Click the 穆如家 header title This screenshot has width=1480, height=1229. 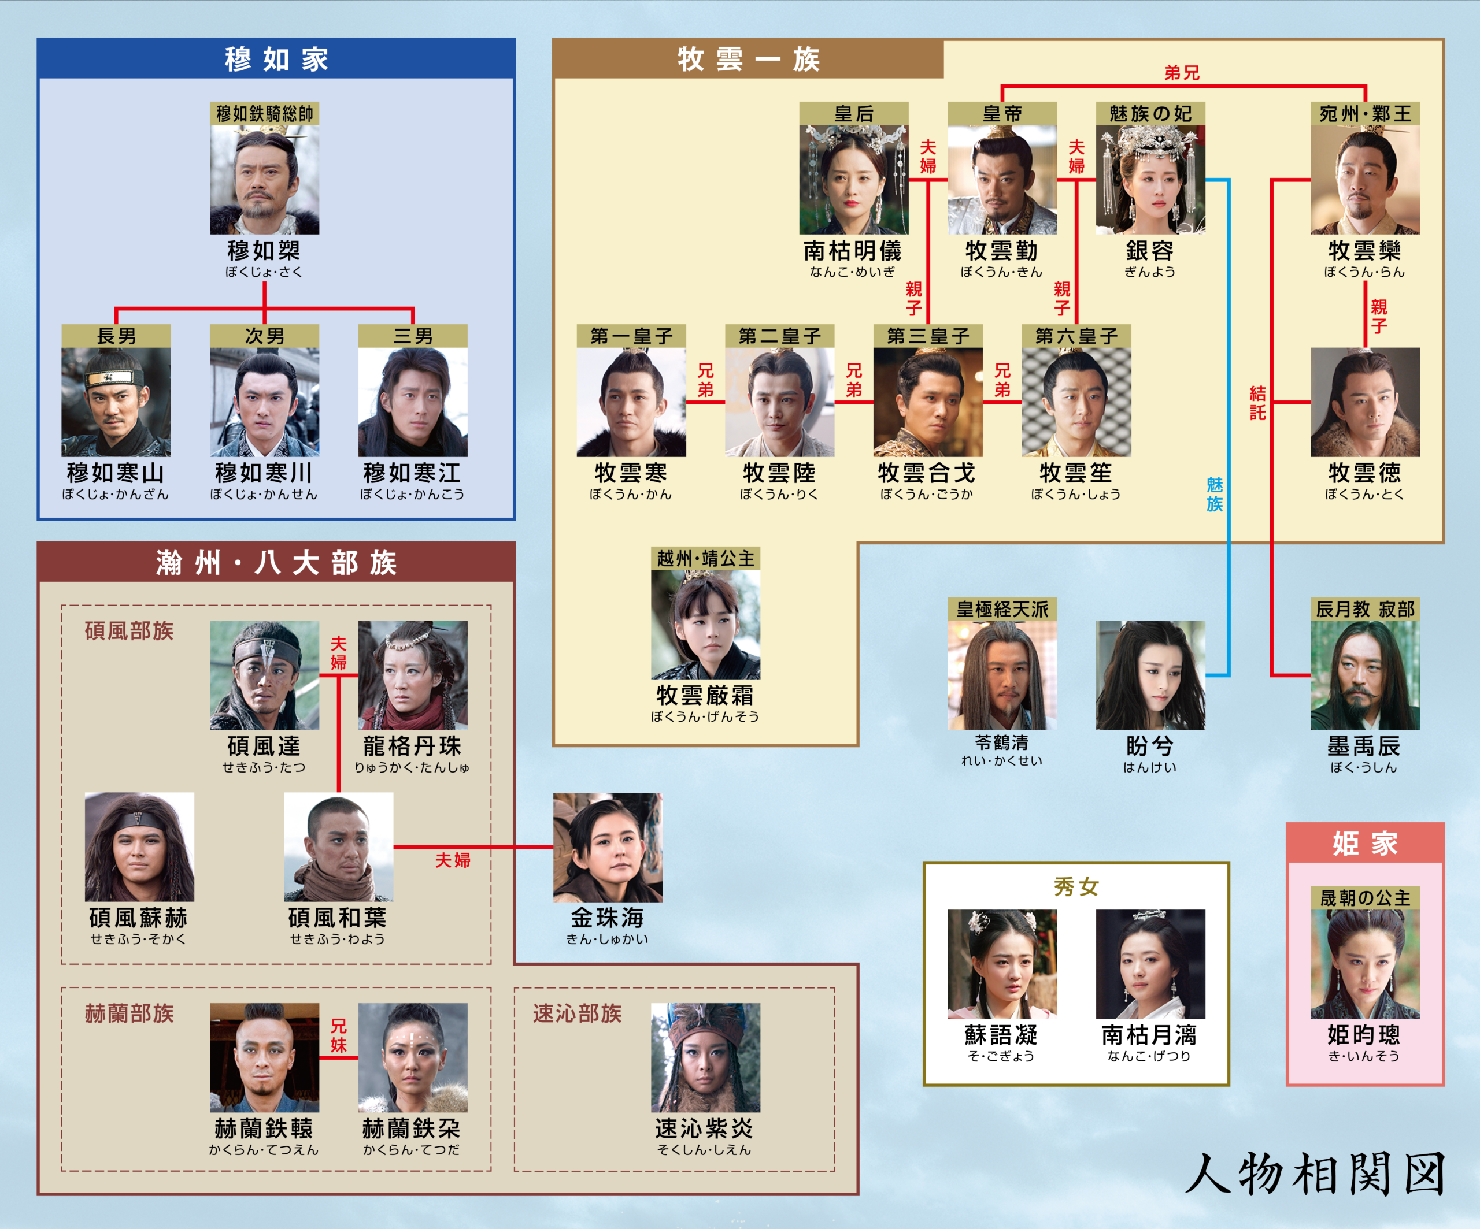click(276, 59)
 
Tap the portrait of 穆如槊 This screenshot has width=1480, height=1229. click(264, 180)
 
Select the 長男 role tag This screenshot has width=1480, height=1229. click(116, 336)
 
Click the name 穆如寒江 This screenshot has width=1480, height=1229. click(412, 472)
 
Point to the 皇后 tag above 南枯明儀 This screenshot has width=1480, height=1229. click(853, 113)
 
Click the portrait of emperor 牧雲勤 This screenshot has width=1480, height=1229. click(1002, 180)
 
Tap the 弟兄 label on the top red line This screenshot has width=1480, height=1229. click(1182, 73)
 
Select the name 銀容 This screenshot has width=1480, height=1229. click(1150, 250)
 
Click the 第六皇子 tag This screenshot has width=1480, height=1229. click(1076, 336)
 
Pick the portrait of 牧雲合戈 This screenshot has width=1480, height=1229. click(927, 402)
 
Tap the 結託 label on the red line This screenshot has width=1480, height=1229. click(1258, 403)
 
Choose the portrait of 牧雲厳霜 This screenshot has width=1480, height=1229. click(705, 624)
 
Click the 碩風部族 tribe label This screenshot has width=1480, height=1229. click(129, 630)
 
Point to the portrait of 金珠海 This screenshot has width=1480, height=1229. click(608, 847)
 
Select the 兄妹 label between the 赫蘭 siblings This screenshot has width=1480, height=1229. click(339, 1035)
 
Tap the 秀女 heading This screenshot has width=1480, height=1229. click(1076, 887)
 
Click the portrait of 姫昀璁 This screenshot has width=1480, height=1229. click(1365, 964)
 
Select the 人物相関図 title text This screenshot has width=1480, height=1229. click(1315, 1174)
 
